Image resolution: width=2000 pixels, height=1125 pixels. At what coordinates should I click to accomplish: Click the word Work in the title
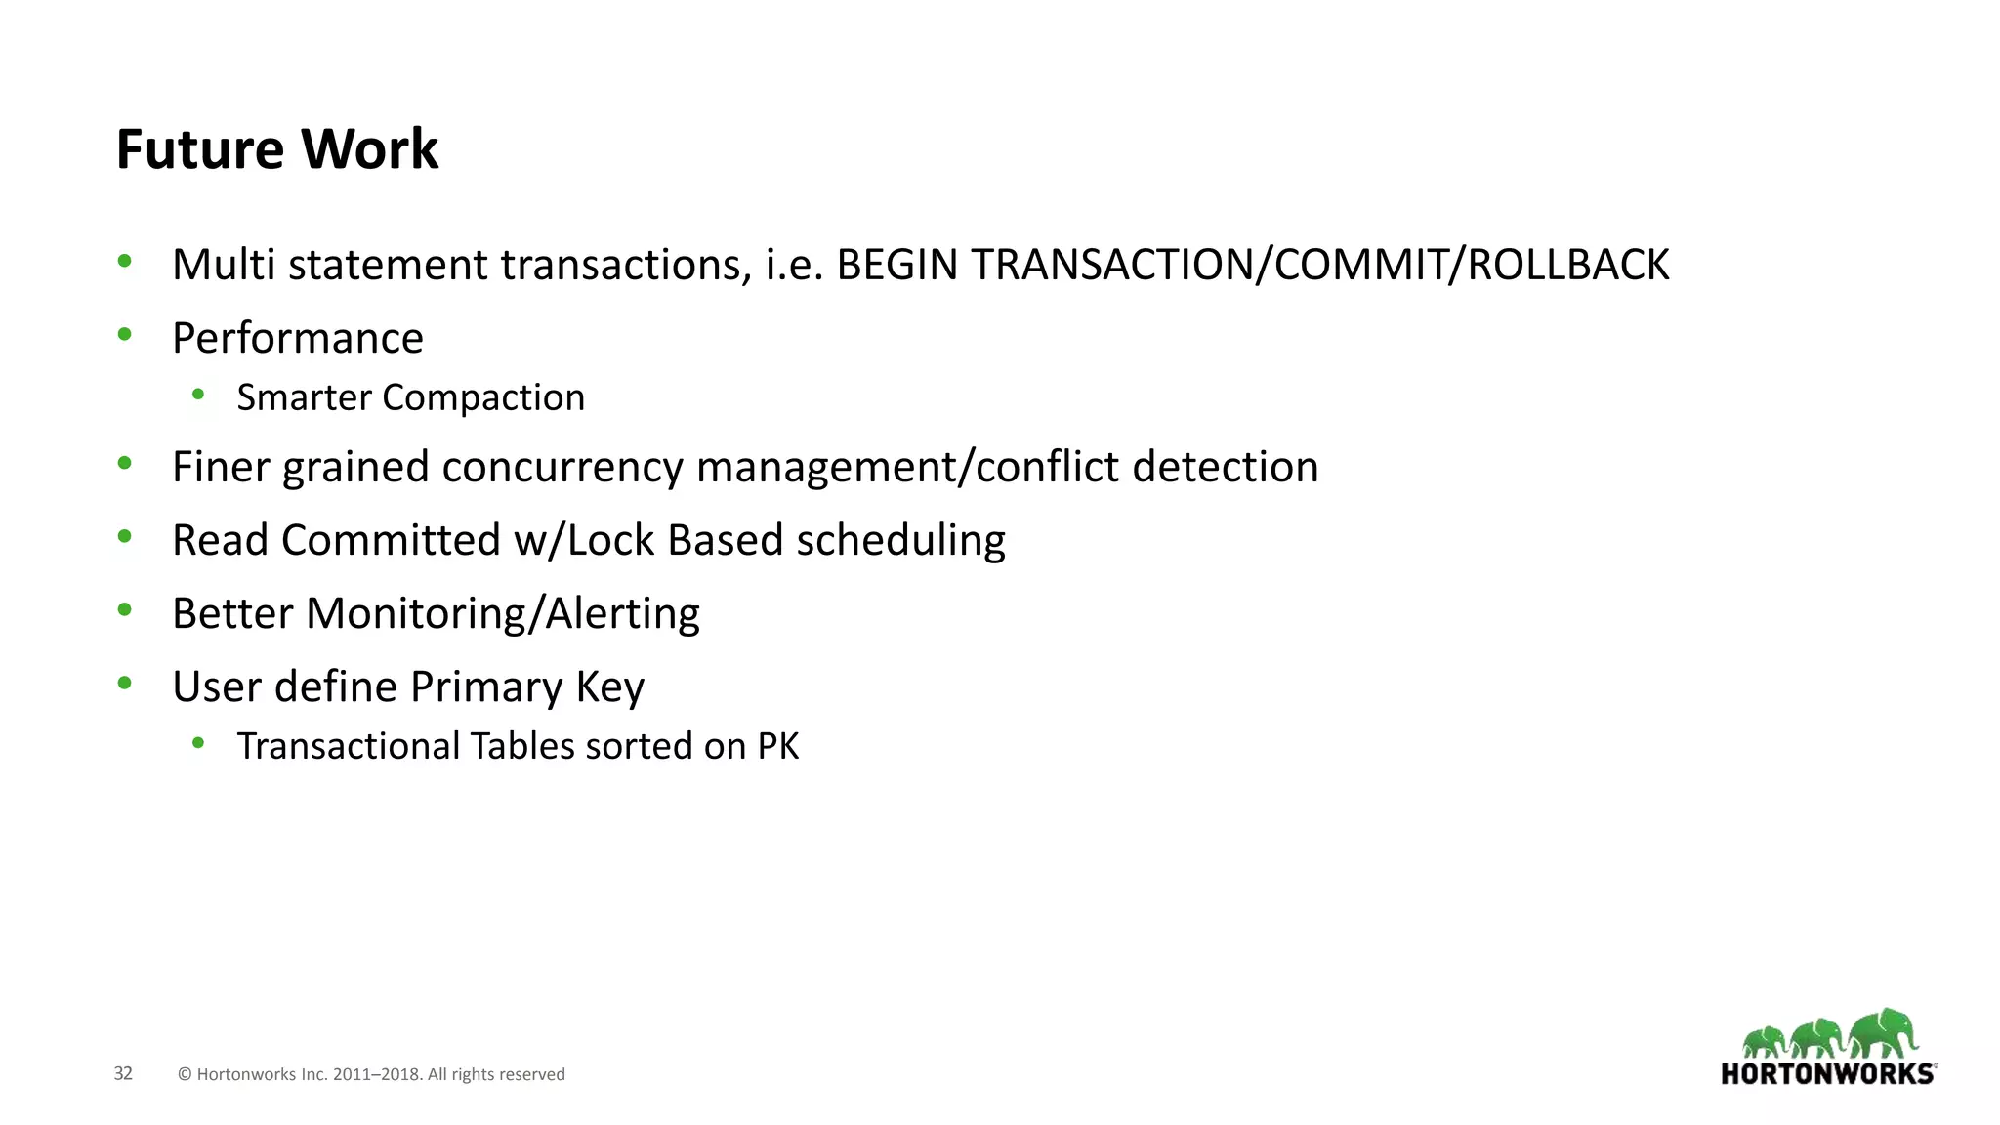[369, 149]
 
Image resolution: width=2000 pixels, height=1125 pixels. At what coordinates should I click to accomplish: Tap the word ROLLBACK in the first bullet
[1567, 265]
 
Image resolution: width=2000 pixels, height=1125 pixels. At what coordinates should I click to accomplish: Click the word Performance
[298, 338]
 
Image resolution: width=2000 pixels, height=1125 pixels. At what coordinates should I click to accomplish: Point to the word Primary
[486, 687]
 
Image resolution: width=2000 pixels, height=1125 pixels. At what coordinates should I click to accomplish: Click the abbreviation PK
[778, 746]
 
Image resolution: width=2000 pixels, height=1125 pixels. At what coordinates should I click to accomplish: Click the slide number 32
[123, 1073]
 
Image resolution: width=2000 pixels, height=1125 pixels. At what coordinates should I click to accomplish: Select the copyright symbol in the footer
[185, 1074]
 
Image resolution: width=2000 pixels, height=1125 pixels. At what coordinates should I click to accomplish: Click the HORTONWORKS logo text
[1827, 1074]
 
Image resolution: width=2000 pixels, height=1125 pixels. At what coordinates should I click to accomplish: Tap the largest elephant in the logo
[1883, 1033]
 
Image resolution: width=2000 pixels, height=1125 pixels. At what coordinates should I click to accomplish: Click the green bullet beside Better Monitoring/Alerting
[124, 610]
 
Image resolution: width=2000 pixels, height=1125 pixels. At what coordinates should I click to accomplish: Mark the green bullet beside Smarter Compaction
[198, 395]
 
